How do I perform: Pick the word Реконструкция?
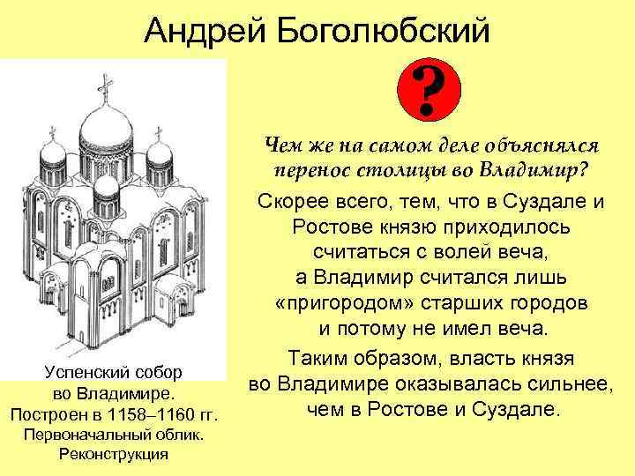[x=112, y=455]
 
